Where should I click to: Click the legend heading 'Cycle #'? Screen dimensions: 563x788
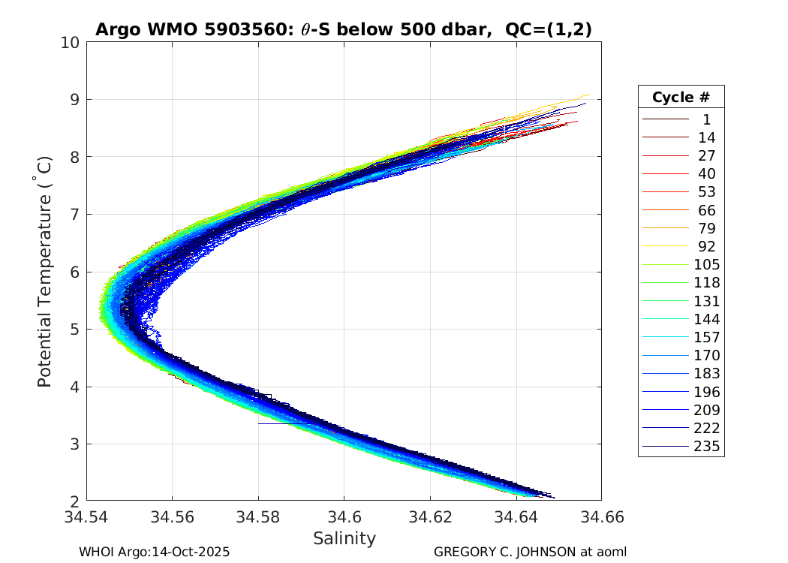681,98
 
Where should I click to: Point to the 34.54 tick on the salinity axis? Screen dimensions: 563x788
87,517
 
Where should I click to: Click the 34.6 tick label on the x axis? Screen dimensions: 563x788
344,517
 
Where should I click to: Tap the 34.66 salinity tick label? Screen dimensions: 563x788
600,517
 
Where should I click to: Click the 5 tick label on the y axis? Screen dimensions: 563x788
74,330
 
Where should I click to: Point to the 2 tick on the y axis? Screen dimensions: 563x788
74,501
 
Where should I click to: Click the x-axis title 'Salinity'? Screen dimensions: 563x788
344,538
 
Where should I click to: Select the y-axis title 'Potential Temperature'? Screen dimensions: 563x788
45,272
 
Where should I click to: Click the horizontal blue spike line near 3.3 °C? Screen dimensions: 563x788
281,423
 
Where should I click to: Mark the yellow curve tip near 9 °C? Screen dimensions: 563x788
587,95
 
